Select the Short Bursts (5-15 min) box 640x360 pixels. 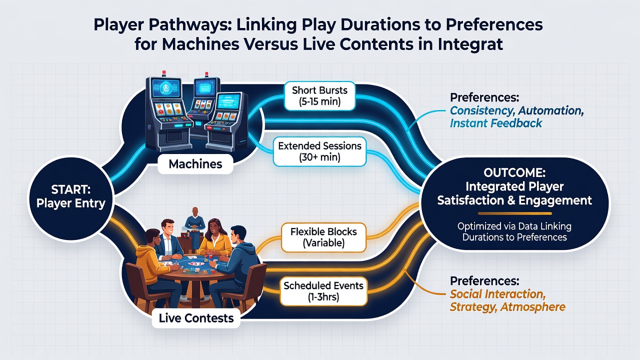pyautogui.click(x=319, y=96)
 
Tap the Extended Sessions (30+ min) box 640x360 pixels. pyautogui.click(x=319, y=151)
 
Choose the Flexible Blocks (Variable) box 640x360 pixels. pyautogui.click(x=323, y=237)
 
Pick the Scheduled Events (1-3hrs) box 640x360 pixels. pyautogui.click(x=323, y=291)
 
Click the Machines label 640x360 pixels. pyautogui.click(x=195, y=164)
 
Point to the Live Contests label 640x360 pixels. pyautogui.click(x=196, y=318)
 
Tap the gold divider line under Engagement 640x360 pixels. pyautogui.click(x=515, y=213)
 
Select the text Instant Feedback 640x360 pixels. pyautogui.click(x=495, y=123)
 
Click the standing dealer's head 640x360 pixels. pyautogui.click(x=195, y=212)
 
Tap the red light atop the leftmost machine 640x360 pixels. pyautogui.click(x=164, y=72)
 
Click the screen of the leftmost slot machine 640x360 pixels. pyautogui.click(x=166, y=88)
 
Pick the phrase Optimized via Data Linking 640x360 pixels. pyautogui.click(x=514, y=226)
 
